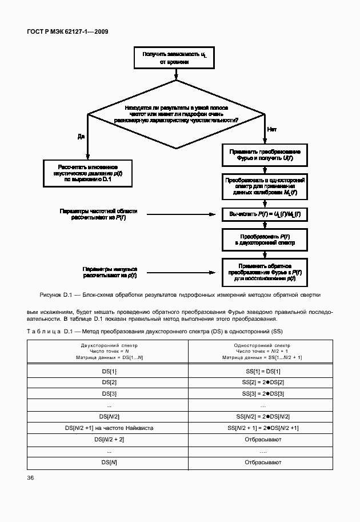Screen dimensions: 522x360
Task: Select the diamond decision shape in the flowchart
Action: pos(176,114)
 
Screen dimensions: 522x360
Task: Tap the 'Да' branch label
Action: pos(81,136)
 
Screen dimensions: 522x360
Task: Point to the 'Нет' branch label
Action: pos(272,129)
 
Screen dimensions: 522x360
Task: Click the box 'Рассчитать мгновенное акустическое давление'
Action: pos(87,173)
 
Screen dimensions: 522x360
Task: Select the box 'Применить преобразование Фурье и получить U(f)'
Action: pos(265,155)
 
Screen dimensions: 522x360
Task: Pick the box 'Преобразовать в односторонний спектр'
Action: pos(265,187)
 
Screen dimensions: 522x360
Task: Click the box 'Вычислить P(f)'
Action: pos(265,213)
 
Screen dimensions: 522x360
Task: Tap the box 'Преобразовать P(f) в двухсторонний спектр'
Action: pos(265,240)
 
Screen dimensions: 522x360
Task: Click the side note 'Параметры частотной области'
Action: pos(98,214)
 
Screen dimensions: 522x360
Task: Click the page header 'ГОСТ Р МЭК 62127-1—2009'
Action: pos(68,31)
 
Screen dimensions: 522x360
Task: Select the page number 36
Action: pos(31,479)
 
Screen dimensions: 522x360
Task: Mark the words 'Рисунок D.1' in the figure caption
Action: pos(54,295)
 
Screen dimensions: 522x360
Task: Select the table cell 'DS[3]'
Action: pos(108,393)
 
